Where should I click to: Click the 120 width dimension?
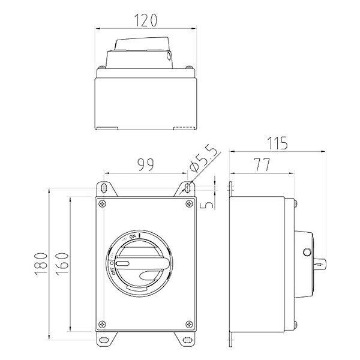146,20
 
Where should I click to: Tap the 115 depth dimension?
277,143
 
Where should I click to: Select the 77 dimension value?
262,165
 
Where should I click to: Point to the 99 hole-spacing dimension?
146,164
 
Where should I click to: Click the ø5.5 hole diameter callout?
203,159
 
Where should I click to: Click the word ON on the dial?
133,236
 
